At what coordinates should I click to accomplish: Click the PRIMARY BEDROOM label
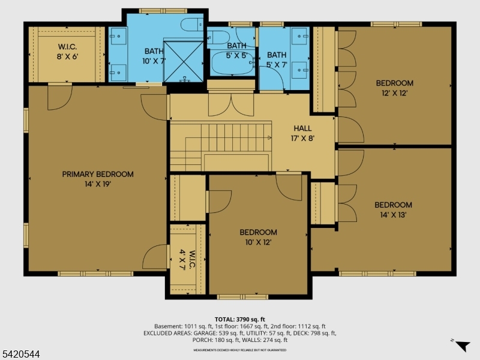(x=98, y=174)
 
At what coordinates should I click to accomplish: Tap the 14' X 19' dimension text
(x=98, y=184)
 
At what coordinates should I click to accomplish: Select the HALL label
(x=303, y=128)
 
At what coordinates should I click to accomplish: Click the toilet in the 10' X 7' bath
(x=193, y=25)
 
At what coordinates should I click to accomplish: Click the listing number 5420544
(x=20, y=355)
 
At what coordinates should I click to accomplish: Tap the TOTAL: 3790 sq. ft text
(x=239, y=319)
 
